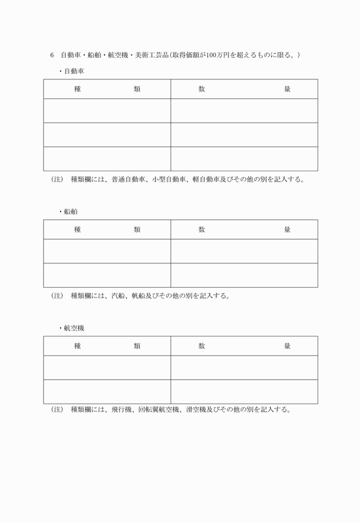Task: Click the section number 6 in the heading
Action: (52, 55)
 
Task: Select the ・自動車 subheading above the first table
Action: (71, 72)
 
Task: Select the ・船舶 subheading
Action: (68, 212)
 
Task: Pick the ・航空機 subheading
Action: (71, 328)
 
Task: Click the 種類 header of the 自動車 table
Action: (107, 89)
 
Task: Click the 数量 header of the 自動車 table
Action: (244, 89)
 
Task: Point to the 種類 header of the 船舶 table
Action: (107, 230)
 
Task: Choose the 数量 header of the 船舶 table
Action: (244, 230)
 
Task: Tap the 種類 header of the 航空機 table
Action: (107, 346)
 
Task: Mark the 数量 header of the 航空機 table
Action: (244, 346)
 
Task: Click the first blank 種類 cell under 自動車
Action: (107, 111)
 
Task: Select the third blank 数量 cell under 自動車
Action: (244, 159)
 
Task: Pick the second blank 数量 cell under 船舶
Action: (244, 275)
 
